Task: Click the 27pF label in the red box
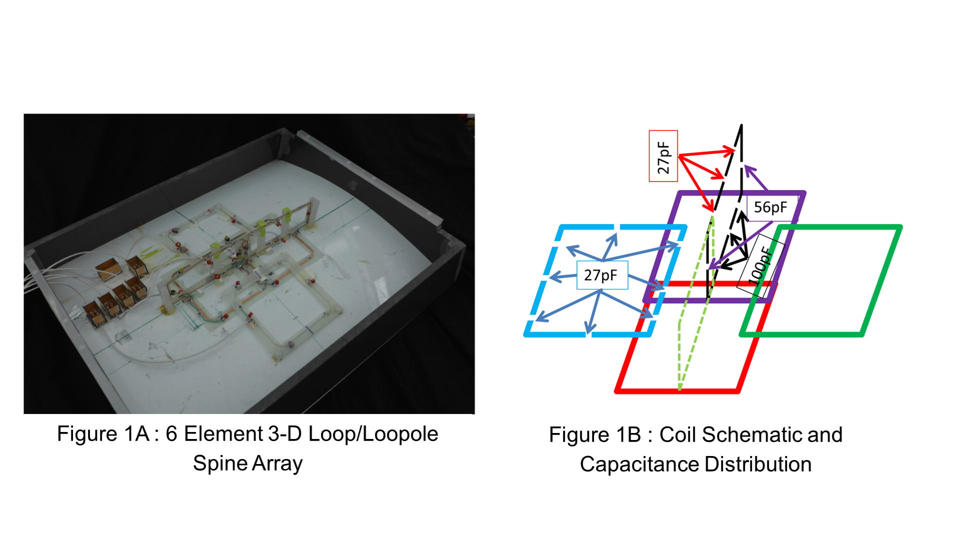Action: [x=663, y=157]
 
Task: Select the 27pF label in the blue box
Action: [x=600, y=275]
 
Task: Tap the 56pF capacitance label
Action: [x=770, y=207]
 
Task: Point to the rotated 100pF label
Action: [x=760, y=266]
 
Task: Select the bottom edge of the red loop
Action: [x=677, y=391]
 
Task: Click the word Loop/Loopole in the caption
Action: [x=373, y=434]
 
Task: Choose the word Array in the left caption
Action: [x=277, y=464]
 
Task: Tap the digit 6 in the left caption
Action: [x=171, y=433]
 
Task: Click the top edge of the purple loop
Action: [x=741, y=193]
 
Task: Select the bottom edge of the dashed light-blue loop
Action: [x=588, y=334]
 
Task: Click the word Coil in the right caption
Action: [x=677, y=434]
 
